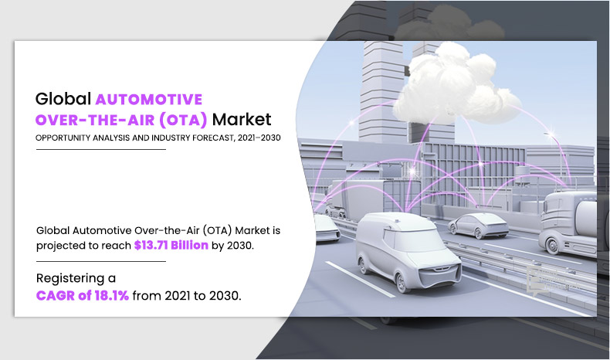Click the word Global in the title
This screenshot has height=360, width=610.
tap(63, 99)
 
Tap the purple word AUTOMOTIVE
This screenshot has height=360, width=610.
tap(149, 100)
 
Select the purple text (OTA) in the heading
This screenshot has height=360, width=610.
tap(183, 120)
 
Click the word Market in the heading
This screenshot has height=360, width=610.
tap(242, 120)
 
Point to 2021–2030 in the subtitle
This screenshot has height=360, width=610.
tap(259, 138)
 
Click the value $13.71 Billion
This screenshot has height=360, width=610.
tap(171, 245)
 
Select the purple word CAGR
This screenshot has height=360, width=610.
tap(56, 296)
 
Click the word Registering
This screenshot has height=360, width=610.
tap(70, 279)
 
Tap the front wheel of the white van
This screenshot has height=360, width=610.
tap(402, 283)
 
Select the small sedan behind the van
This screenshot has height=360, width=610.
tap(478, 226)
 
